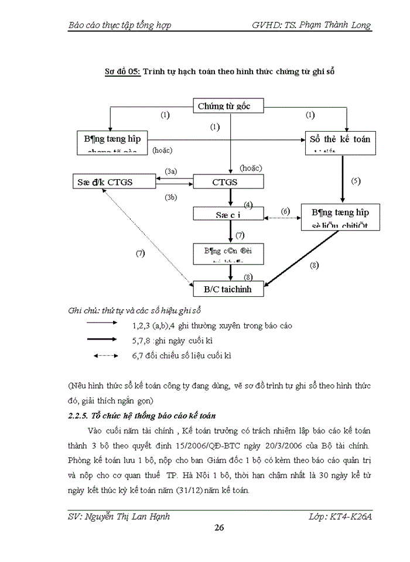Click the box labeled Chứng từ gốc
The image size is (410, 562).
coord(228,106)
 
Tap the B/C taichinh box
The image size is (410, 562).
coord(228,289)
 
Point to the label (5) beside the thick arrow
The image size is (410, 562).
coord(356,180)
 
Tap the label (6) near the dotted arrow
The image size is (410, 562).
coord(285,210)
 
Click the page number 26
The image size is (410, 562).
coord(220,528)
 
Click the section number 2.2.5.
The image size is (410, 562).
coord(81,416)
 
